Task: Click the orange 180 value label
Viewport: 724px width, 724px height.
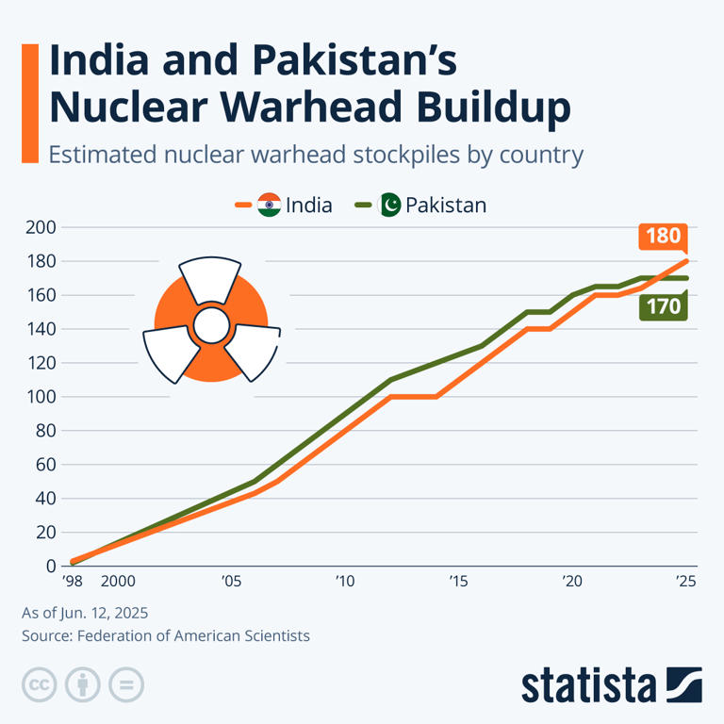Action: (x=664, y=236)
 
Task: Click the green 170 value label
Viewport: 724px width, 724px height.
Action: (x=664, y=306)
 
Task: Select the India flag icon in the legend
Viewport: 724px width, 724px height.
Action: (x=269, y=205)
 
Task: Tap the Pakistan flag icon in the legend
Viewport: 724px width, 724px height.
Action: (x=389, y=205)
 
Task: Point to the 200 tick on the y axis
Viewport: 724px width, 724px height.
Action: (x=43, y=227)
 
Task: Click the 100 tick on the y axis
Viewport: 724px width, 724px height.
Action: (x=43, y=397)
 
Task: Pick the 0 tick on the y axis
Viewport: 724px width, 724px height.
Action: (x=50, y=566)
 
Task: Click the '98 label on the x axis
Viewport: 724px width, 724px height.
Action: (x=73, y=582)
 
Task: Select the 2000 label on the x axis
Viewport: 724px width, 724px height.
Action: (x=117, y=582)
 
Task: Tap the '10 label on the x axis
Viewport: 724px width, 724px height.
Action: (x=344, y=582)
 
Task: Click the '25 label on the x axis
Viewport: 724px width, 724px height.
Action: (x=685, y=582)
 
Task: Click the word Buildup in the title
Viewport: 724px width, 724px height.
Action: (x=477, y=107)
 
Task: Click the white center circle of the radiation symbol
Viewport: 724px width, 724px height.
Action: (x=211, y=326)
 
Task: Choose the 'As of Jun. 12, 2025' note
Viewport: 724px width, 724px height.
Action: (x=85, y=613)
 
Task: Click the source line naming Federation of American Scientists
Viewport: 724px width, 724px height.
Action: (x=165, y=636)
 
